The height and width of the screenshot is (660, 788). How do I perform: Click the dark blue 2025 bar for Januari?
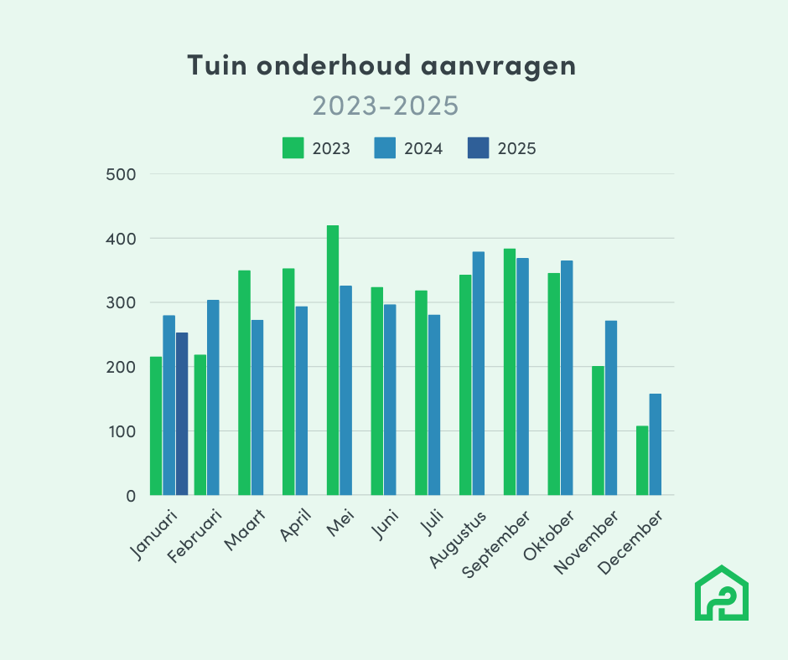[x=182, y=414]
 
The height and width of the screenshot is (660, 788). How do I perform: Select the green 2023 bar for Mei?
[x=333, y=360]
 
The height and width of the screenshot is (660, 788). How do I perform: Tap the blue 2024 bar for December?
[x=655, y=444]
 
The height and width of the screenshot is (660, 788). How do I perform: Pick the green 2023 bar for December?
[x=642, y=461]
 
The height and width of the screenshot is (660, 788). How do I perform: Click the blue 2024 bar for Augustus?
[x=478, y=374]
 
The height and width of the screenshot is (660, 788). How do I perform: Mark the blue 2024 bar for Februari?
[x=213, y=397]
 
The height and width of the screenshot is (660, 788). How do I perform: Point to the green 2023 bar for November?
[x=598, y=431]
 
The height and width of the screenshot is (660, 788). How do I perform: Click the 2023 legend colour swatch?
[x=293, y=148]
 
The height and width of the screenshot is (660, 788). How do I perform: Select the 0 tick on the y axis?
[x=130, y=496]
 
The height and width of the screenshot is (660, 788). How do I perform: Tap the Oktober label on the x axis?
[x=552, y=536]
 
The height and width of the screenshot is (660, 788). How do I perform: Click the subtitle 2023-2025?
[x=385, y=106]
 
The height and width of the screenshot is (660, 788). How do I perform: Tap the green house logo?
[x=722, y=594]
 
